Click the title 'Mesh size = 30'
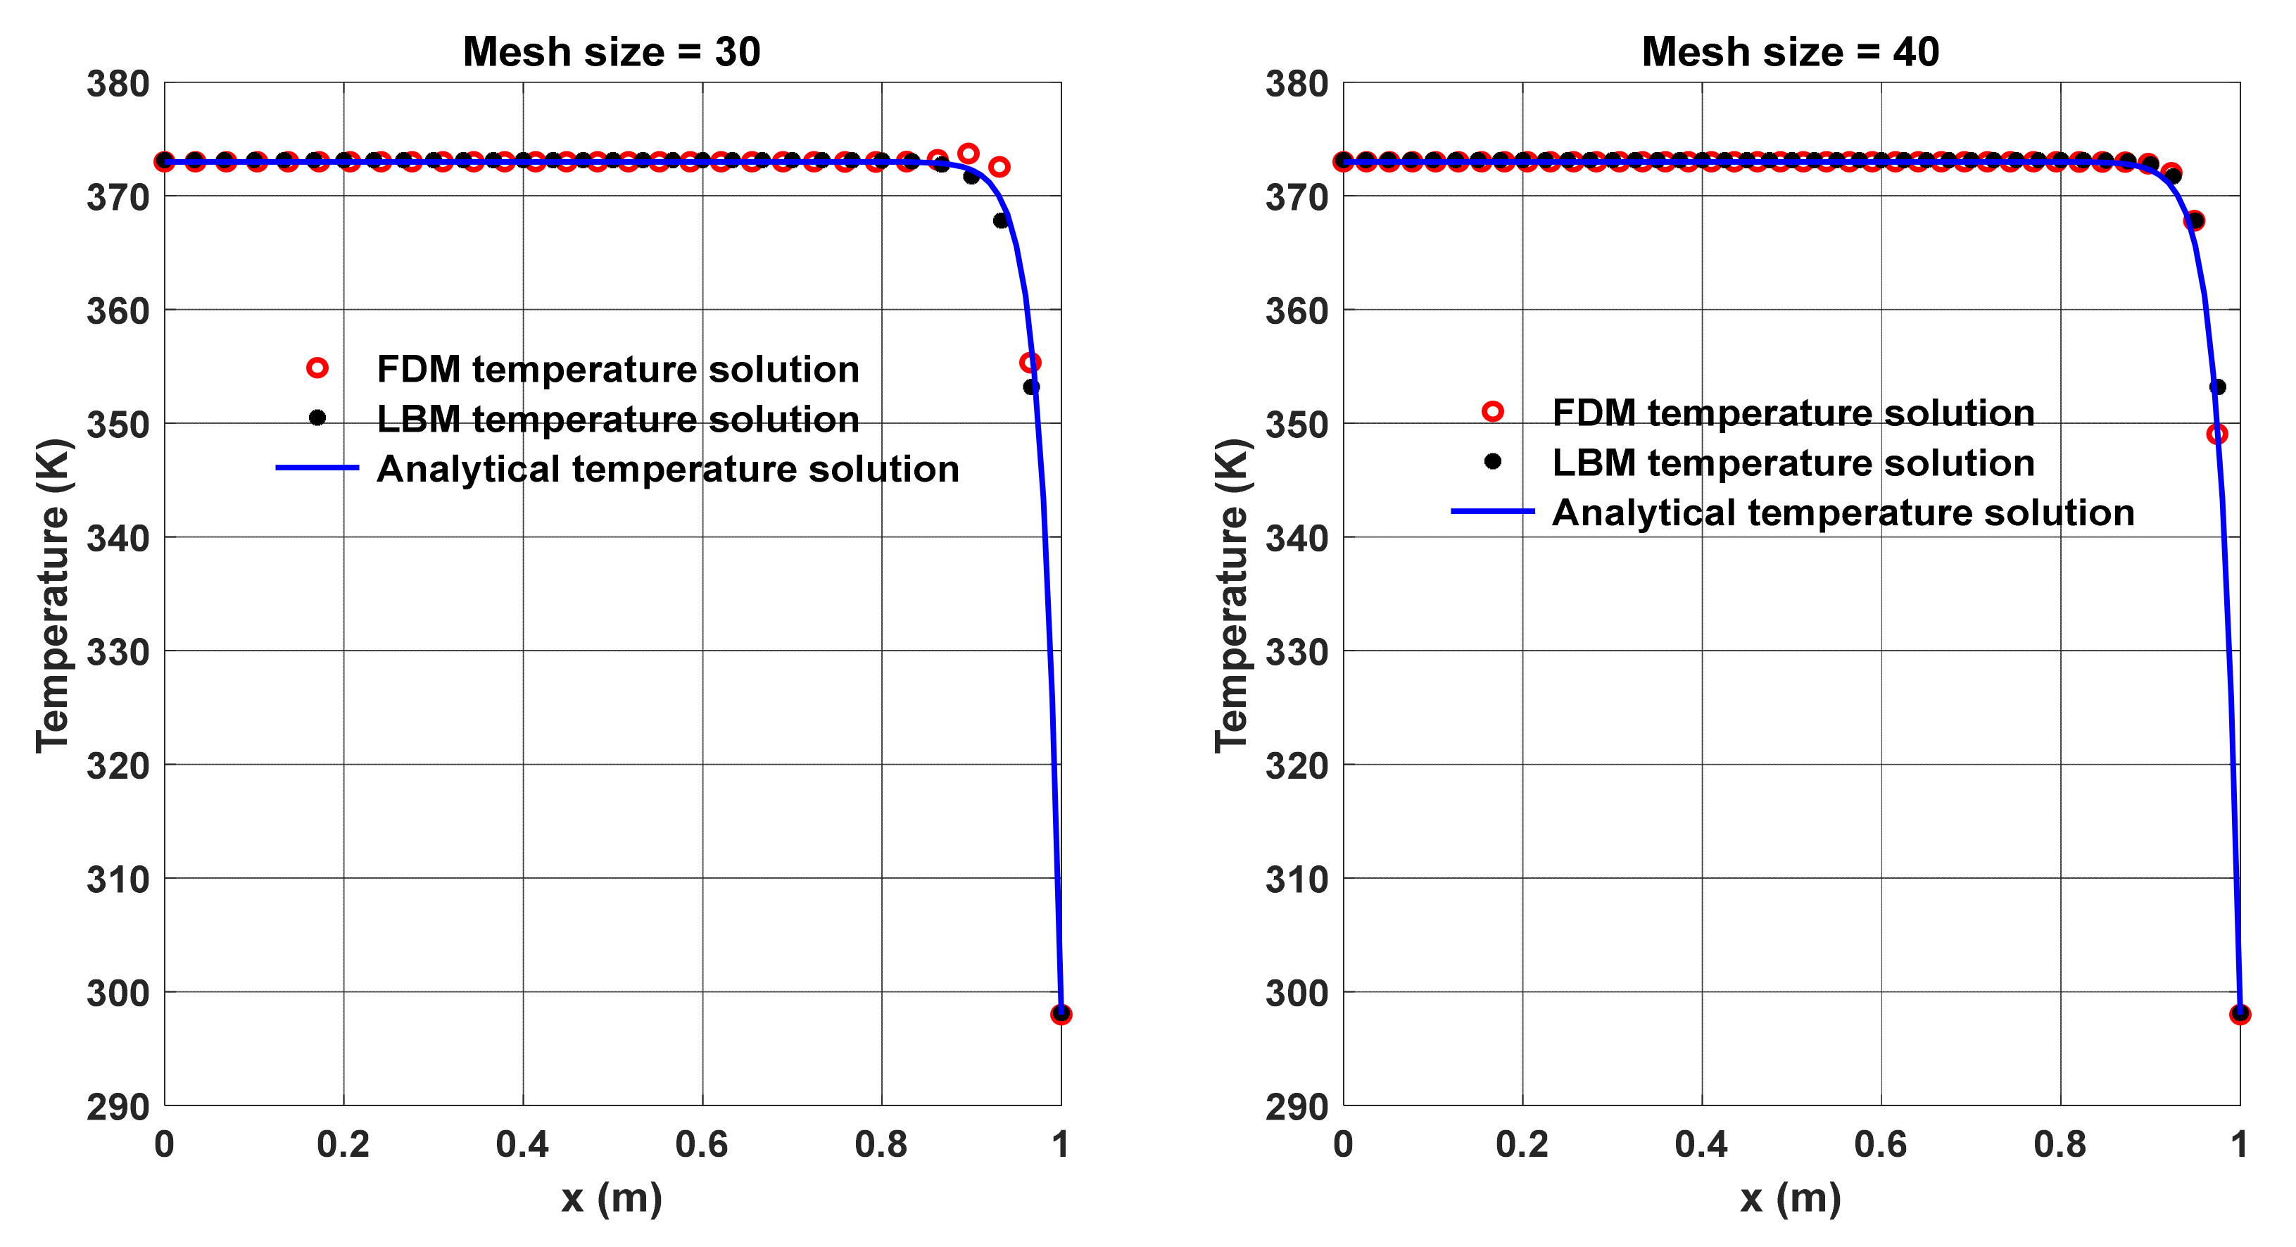tap(612, 51)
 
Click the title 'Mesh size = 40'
tap(1790, 51)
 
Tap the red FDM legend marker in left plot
tap(317, 368)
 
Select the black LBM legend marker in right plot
tap(1492, 460)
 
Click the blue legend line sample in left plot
tap(317, 467)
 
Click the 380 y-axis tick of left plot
tap(118, 84)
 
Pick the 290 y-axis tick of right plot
tap(1296, 1107)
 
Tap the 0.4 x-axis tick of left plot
tap(522, 1144)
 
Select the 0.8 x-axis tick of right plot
tap(2059, 1144)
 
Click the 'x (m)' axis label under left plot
tap(612, 1197)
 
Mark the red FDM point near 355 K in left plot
tap(1030, 362)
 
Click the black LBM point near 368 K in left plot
tap(1001, 220)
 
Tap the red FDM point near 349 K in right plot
tap(2216, 434)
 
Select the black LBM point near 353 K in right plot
tap(2218, 387)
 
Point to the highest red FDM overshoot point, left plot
tap(968, 153)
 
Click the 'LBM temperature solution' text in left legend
tap(618, 419)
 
